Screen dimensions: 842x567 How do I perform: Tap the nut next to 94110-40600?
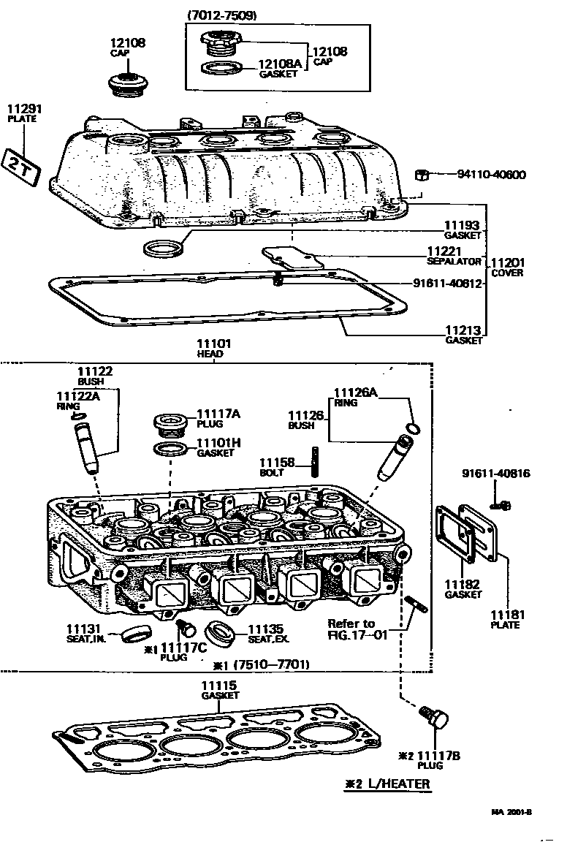422,175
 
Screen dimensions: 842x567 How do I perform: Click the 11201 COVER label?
507,268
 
